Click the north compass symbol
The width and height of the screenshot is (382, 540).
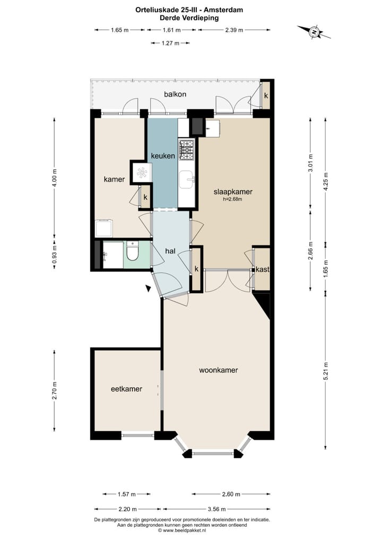(x=314, y=32)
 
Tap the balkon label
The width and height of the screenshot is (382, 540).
(x=175, y=94)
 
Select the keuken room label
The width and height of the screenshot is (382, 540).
(x=163, y=156)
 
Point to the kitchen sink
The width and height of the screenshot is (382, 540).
(x=186, y=179)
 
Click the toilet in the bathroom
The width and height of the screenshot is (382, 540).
(x=132, y=252)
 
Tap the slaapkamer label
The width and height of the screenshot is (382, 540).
(x=233, y=192)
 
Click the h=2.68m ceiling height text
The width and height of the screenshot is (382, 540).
(x=232, y=199)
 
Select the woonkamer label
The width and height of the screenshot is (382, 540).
(x=219, y=370)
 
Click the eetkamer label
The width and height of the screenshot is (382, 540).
(x=126, y=389)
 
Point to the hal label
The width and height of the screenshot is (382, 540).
(x=170, y=251)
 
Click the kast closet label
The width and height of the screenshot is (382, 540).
(x=263, y=269)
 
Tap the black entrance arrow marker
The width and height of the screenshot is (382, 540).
(x=149, y=289)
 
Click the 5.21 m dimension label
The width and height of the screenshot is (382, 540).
(x=326, y=371)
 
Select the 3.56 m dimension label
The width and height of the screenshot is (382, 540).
(x=216, y=509)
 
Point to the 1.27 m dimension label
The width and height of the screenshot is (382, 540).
(x=170, y=43)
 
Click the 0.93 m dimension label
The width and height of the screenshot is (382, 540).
(x=54, y=254)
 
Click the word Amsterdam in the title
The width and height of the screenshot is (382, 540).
(x=225, y=10)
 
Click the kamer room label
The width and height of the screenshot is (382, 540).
(x=115, y=179)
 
